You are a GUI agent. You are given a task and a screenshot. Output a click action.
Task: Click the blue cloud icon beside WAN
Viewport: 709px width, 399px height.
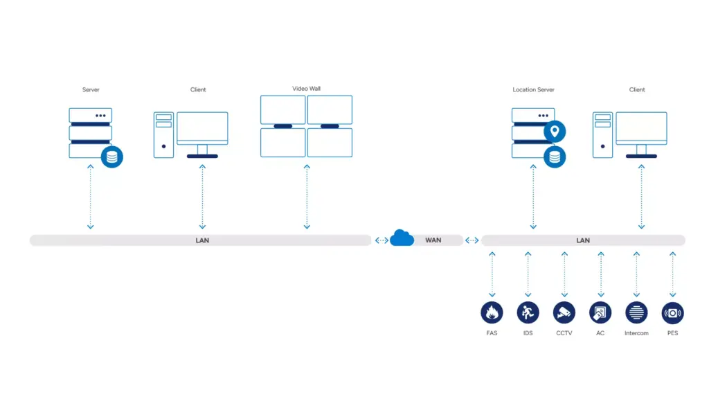point(402,238)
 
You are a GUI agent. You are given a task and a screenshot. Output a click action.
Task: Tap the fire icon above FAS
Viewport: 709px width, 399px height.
point(492,312)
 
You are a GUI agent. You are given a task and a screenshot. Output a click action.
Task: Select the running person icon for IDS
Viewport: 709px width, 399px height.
point(528,312)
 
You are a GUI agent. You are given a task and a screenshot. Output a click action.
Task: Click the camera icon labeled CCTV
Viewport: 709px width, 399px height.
point(564,312)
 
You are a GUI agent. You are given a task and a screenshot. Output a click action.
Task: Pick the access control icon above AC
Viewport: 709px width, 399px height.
point(600,312)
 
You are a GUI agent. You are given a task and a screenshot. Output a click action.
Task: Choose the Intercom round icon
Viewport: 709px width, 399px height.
point(636,312)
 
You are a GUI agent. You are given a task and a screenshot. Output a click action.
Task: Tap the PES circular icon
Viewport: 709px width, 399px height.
point(672,312)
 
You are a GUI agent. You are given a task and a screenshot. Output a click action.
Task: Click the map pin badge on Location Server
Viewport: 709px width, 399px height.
point(555,132)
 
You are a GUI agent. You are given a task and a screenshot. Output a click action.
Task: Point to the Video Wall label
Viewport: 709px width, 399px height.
point(306,89)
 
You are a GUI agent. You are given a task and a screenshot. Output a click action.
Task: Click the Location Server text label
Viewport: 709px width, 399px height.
point(533,89)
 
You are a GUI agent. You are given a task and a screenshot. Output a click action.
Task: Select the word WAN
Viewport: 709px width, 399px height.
point(433,240)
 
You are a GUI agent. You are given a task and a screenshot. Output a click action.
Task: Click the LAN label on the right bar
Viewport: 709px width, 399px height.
point(583,240)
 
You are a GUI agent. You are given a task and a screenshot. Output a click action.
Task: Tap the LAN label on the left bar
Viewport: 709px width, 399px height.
point(202,240)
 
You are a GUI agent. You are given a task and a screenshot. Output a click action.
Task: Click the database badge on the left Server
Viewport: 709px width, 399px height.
point(111,157)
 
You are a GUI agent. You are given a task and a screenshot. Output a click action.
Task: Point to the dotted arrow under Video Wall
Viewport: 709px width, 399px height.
point(307,197)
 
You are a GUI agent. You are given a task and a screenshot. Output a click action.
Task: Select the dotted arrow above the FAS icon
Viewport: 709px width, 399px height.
point(492,274)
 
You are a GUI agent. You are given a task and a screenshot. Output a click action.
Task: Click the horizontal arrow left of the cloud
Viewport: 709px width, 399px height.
point(382,240)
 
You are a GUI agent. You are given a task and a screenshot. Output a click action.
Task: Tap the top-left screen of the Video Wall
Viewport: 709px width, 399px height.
point(282,109)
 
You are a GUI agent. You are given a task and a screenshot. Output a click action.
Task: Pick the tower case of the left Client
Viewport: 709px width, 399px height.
point(163,135)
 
